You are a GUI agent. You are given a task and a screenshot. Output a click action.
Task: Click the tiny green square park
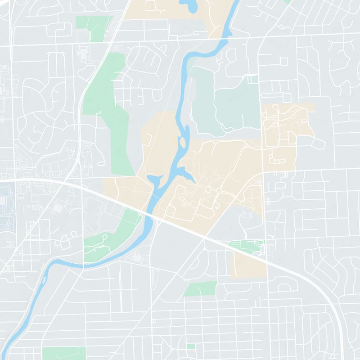tap(191, 346)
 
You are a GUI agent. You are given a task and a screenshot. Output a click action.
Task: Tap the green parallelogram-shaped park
tap(200, 289)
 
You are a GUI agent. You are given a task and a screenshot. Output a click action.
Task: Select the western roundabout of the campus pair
tap(208, 190)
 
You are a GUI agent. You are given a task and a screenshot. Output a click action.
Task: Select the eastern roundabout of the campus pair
tap(219, 191)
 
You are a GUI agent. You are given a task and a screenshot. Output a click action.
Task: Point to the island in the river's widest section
tap(183, 144)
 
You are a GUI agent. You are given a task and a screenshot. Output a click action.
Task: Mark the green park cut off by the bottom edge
tap(63, 353)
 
